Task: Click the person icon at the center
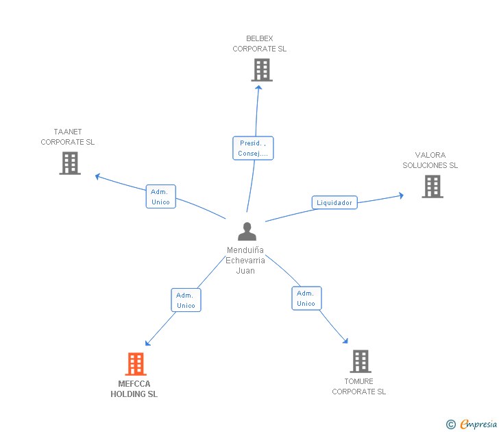pyautogui.click(x=247, y=232)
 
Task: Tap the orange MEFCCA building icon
pyautogui.click(x=136, y=364)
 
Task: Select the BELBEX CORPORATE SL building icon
pyautogui.click(x=262, y=70)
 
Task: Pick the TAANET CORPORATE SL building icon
pyautogui.click(x=70, y=163)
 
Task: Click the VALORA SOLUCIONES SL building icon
pyautogui.click(x=433, y=187)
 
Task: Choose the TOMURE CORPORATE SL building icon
pyautogui.click(x=361, y=361)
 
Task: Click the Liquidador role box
pyautogui.click(x=334, y=202)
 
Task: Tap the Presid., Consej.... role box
pyautogui.click(x=253, y=148)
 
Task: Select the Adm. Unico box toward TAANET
pyautogui.click(x=160, y=196)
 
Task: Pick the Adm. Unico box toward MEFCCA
pyautogui.click(x=186, y=300)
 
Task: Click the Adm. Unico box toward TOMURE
pyautogui.click(x=306, y=298)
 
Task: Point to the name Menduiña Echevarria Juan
pyautogui.click(x=245, y=261)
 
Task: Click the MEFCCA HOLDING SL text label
pyautogui.click(x=134, y=389)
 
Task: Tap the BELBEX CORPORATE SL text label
pyautogui.click(x=259, y=44)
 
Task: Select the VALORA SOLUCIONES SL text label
pyautogui.click(x=430, y=160)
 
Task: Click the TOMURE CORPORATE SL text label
pyautogui.click(x=359, y=387)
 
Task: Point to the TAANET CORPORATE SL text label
pyautogui.click(x=67, y=137)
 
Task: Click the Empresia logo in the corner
pyautogui.click(x=472, y=424)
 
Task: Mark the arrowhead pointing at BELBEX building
pyautogui.click(x=258, y=88)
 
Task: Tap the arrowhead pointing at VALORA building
pyautogui.click(x=401, y=195)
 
